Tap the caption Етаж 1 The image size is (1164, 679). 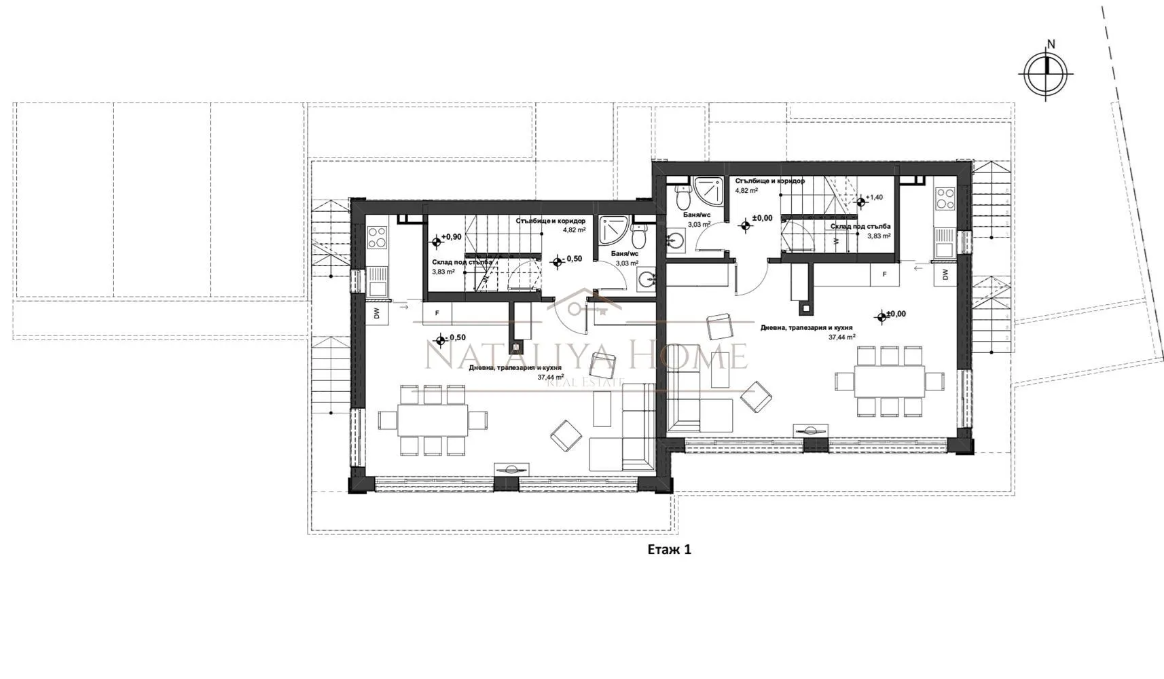[x=669, y=549]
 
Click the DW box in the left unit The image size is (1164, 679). [x=376, y=313]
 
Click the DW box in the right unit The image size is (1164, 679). [x=945, y=274]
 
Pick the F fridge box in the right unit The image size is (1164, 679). [x=885, y=274]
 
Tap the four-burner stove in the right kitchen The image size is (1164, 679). [x=945, y=198]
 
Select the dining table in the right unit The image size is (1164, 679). [x=890, y=381]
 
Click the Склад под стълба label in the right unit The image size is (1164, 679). [x=860, y=227]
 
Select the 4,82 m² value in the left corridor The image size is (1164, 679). [x=574, y=230]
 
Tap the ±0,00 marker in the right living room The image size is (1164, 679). [x=891, y=314]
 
